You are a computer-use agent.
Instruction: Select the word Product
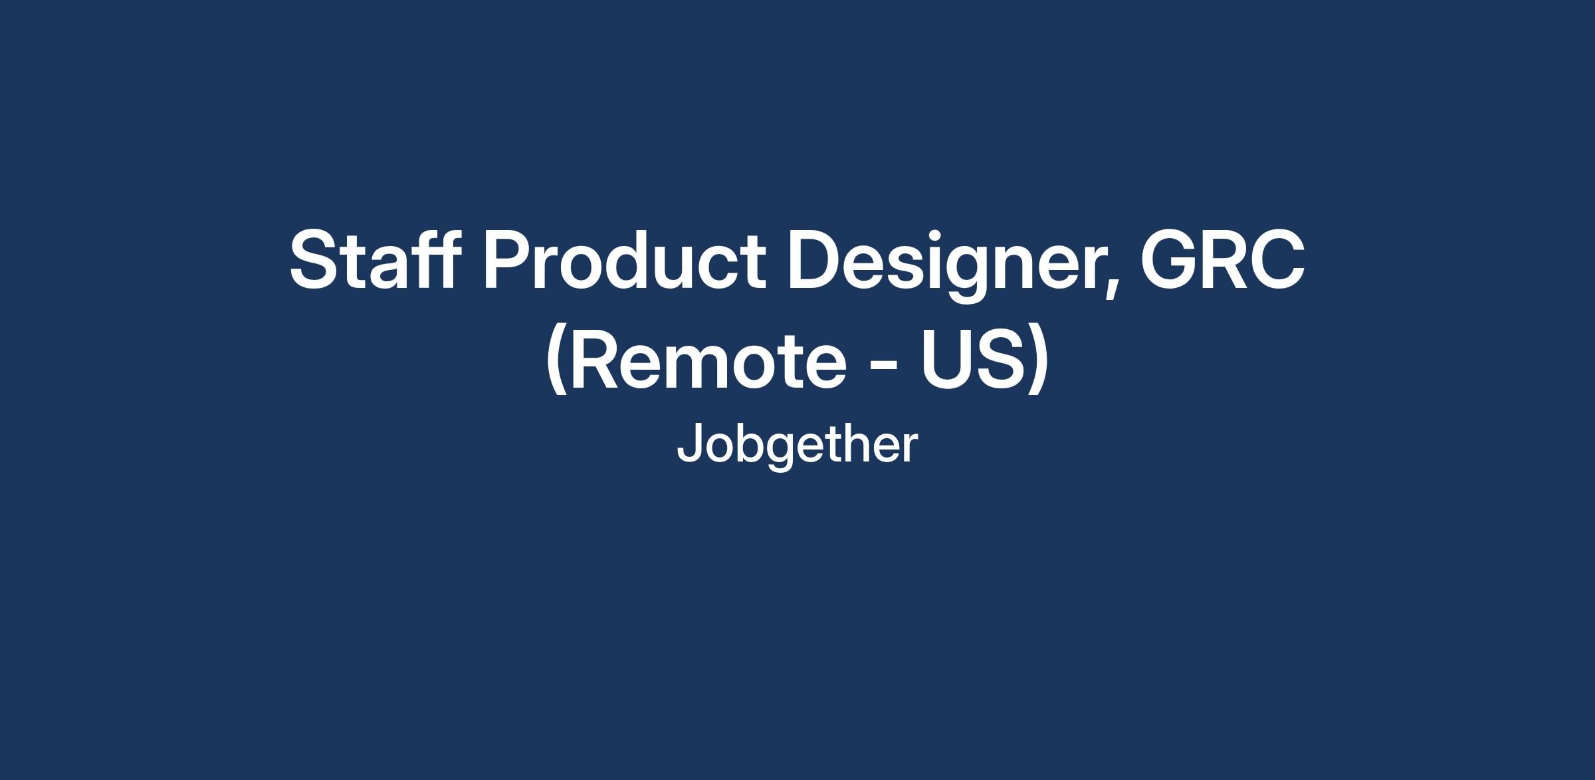tap(625, 259)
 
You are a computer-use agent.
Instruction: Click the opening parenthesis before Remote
tap(556, 362)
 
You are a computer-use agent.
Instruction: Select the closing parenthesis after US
tap(1039, 362)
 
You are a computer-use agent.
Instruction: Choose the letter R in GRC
tap(1224, 259)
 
